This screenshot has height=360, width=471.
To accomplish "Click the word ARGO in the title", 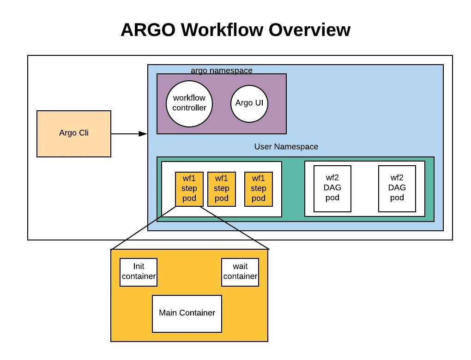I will click(148, 30).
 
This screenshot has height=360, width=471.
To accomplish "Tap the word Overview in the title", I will click(309, 30).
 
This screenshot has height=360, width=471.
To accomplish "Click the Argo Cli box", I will click(74, 133).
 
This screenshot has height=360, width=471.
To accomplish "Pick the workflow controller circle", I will click(189, 103).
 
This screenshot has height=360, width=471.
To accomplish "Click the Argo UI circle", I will click(249, 103).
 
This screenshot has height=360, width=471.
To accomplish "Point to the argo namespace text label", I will click(222, 70).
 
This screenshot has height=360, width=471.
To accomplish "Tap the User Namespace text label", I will click(286, 146).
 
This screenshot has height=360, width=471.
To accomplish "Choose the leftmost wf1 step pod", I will click(189, 189).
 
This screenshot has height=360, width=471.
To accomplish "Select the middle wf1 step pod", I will click(222, 189).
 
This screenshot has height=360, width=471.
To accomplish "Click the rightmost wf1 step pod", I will click(259, 189).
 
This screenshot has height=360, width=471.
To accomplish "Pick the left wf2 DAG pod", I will click(332, 188).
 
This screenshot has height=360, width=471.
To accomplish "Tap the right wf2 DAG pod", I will click(397, 188).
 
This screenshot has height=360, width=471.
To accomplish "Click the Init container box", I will click(139, 272).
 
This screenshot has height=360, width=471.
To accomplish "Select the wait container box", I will click(240, 272).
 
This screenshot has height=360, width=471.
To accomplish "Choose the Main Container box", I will click(187, 313).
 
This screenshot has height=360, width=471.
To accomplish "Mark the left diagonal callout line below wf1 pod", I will click(143, 228).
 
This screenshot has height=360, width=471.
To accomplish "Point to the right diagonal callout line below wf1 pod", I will click(235, 228).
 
